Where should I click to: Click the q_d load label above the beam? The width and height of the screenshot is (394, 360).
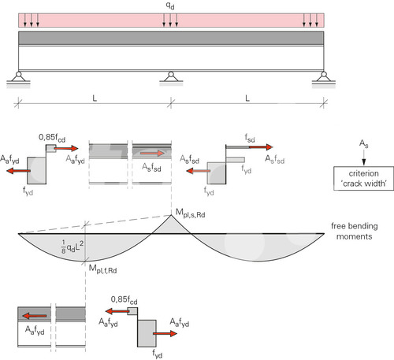tap(170, 6)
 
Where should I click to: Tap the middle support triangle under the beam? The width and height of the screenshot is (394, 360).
tap(171, 77)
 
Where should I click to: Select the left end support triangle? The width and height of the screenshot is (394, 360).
tap(18, 77)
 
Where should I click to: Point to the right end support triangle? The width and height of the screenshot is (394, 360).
tap(324, 77)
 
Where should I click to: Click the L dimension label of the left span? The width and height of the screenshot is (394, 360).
tap(95, 98)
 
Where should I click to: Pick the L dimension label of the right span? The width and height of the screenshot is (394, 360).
tap(247, 98)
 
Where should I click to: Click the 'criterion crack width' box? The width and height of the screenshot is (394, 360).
tap(363, 178)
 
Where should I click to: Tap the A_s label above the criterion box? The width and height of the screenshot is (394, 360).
tap(364, 144)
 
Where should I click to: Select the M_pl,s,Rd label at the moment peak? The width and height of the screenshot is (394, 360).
tap(191, 213)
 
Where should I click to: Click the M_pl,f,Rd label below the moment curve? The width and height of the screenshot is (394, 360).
tap(102, 269)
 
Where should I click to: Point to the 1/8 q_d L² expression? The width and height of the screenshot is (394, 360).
tap(72, 247)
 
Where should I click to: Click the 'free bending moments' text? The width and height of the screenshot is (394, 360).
tap(355, 231)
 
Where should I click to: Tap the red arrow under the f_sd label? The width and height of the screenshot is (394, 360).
tap(261, 147)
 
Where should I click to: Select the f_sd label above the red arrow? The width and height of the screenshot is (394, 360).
tap(250, 138)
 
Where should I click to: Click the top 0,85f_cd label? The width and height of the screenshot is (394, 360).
tap(52, 138)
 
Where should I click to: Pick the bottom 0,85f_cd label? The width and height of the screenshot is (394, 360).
tap(124, 300)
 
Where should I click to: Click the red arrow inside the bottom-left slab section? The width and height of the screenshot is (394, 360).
tap(35, 316)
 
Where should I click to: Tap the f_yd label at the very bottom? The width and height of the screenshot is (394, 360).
tap(158, 354)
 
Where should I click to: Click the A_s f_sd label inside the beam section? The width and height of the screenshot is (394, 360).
tap(151, 167)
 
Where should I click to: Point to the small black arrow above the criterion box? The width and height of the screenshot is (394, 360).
tap(364, 158)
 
